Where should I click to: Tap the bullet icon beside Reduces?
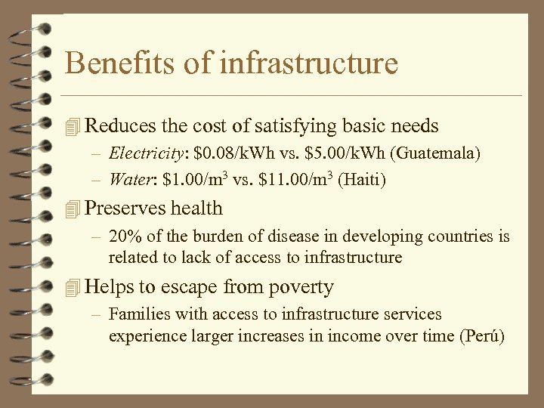pyautogui.click(x=73, y=125)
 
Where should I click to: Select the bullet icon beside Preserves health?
pyautogui.click(x=73, y=209)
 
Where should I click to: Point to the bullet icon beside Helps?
pyautogui.click(x=73, y=287)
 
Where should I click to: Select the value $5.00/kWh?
pyautogui.click(x=344, y=153)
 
